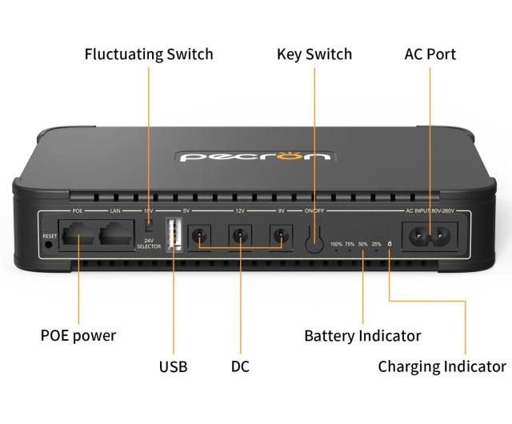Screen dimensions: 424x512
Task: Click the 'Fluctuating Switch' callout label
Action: click(x=149, y=54)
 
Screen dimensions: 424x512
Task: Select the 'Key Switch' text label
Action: click(x=314, y=54)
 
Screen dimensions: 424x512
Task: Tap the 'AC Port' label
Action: click(x=430, y=54)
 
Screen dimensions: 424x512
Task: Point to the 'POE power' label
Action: click(x=78, y=335)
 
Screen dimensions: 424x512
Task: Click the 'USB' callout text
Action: click(x=173, y=367)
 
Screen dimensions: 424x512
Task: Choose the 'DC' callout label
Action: click(x=240, y=367)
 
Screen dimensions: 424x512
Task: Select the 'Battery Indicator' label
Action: click(x=362, y=335)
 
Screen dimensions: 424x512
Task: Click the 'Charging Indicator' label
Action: click(x=442, y=367)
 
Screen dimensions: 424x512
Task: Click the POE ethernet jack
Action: click(x=78, y=235)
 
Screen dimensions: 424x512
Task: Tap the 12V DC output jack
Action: click(x=239, y=236)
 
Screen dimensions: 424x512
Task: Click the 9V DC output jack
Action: click(x=280, y=236)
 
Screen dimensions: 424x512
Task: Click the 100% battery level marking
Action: click(x=336, y=244)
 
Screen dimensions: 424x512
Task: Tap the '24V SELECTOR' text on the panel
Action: click(x=149, y=244)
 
